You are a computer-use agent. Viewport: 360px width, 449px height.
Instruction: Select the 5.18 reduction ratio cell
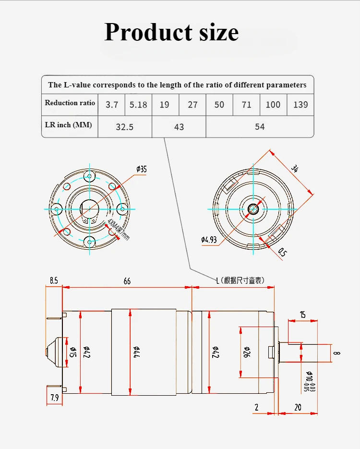[138, 104]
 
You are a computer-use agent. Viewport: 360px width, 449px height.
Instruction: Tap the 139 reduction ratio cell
[300, 104]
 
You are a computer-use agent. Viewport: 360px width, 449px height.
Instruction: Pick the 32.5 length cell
[125, 127]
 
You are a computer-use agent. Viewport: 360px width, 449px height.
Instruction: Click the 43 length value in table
[179, 127]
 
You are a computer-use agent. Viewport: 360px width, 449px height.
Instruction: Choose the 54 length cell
[260, 127]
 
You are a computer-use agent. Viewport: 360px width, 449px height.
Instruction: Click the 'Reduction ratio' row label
[70, 103]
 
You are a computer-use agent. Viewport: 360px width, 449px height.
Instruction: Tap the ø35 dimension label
[142, 169]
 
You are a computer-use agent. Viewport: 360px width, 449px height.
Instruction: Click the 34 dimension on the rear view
[296, 169]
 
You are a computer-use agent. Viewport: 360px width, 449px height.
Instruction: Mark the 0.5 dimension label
[282, 252]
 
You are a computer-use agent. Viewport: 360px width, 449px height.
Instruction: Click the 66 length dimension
[127, 281]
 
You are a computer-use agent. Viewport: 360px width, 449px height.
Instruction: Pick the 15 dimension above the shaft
[302, 315]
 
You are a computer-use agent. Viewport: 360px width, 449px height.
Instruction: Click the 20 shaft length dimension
[298, 407]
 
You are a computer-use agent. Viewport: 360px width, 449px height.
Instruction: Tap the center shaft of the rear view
[253, 209]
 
